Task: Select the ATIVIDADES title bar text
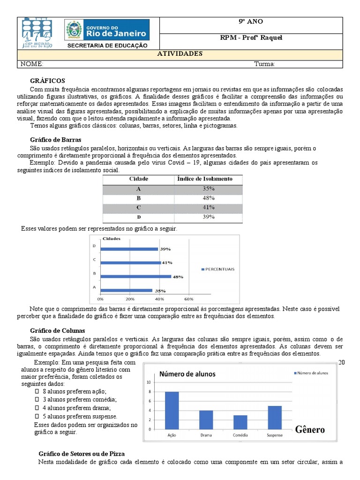click(180, 53)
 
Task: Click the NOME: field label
click(31, 64)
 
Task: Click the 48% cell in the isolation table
click(209, 198)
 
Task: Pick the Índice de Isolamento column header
click(205, 179)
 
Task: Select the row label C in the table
click(138, 207)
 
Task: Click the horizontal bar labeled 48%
click(135, 276)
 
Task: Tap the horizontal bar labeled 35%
click(126, 290)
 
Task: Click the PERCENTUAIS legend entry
click(218, 269)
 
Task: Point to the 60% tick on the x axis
click(189, 299)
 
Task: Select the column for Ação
click(172, 410)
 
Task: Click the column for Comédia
click(240, 422)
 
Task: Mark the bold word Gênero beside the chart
click(309, 429)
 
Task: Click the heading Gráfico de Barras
click(55, 140)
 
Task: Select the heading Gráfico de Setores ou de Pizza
click(81, 454)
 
